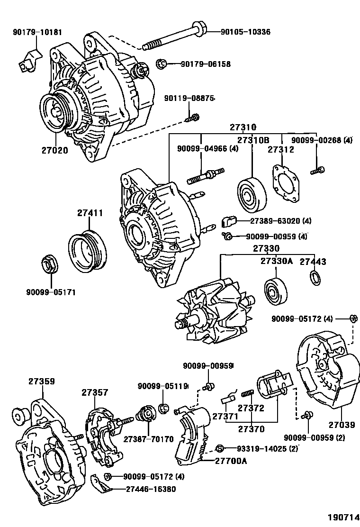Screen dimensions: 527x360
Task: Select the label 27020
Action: point(54,151)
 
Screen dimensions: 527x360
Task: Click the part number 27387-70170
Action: point(148,439)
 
